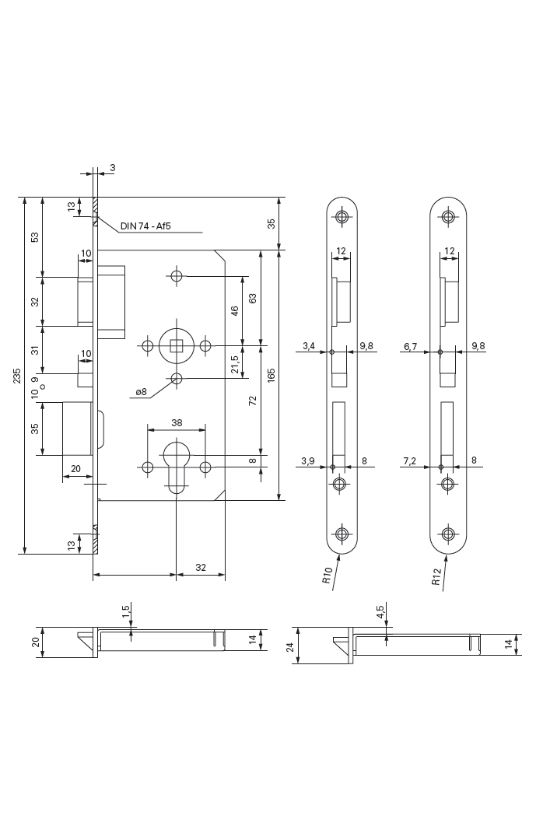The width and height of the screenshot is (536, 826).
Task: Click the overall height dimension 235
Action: coord(18,376)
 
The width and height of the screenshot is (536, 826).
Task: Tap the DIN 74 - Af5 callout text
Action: coord(145,227)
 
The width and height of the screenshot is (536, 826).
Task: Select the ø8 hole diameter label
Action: coord(141,392)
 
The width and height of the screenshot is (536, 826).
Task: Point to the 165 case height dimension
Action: coord(271,376)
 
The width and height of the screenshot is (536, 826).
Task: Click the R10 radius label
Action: coord(328,576)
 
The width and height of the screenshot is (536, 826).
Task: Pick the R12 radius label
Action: coord(436,576)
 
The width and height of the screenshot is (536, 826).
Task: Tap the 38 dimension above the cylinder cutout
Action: coord(177,423)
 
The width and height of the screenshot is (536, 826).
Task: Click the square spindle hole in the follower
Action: coord(177,345)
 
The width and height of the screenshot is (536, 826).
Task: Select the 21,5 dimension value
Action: coord(236,362)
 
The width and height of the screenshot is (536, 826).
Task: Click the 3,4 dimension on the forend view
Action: coord(308,346)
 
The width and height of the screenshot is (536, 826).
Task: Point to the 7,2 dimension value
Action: coord(410,461)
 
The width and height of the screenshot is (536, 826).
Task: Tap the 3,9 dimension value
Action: coord(308,461)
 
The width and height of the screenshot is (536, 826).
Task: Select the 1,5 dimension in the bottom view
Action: coord(126,611)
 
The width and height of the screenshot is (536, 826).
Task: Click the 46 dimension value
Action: coord(236,310)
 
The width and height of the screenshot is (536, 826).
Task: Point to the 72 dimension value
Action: coord(253,401)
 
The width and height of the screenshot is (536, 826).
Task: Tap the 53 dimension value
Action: coord(35,236)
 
